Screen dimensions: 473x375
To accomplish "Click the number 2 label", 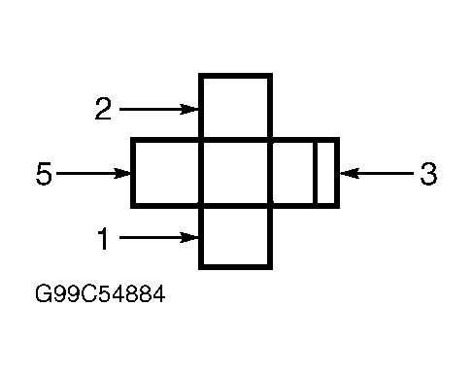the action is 103,109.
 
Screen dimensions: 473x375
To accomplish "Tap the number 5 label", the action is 44,174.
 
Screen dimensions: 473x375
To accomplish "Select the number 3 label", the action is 428,174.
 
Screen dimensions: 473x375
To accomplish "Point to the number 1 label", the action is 103,238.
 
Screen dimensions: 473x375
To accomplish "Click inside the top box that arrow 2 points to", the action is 235,107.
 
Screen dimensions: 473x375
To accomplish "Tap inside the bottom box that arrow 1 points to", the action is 235,237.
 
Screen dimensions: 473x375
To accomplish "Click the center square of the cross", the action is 235,173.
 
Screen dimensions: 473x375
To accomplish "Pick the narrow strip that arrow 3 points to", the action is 326,173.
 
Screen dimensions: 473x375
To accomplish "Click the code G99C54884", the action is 100,294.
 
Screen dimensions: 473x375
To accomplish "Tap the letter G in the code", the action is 44,294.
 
